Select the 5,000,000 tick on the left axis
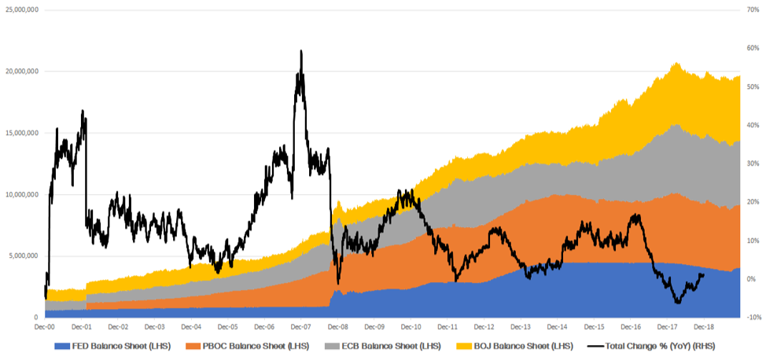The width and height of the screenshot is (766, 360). click(x=24, y=255)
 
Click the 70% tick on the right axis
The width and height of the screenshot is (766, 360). click(x=751, y=9)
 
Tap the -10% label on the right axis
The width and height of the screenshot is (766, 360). click(x=751, y=317)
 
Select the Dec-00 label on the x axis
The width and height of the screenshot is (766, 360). click(x=44, y=326)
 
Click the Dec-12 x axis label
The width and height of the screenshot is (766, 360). click(x=484, y=326)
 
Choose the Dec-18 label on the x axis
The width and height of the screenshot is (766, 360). click(x=704, y=326)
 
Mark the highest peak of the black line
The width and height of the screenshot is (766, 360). click(x=300, y=51)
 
